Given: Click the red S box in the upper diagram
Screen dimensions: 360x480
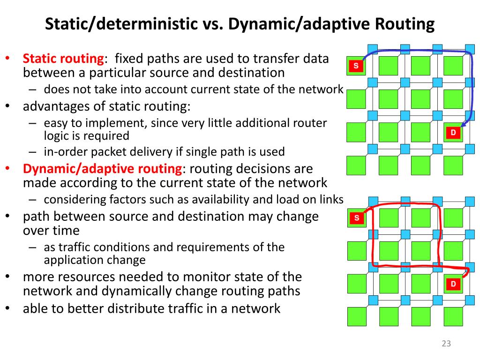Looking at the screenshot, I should pos(356,66).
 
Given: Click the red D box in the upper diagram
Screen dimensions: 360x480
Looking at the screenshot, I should pos(453,133).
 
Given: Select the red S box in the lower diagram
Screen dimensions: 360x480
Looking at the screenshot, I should pos(357,218).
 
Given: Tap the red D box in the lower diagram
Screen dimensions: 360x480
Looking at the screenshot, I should pos(453,284).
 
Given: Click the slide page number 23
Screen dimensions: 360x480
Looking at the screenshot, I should pos(446,344).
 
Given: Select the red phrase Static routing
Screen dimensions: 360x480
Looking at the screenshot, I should pos(63,59).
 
